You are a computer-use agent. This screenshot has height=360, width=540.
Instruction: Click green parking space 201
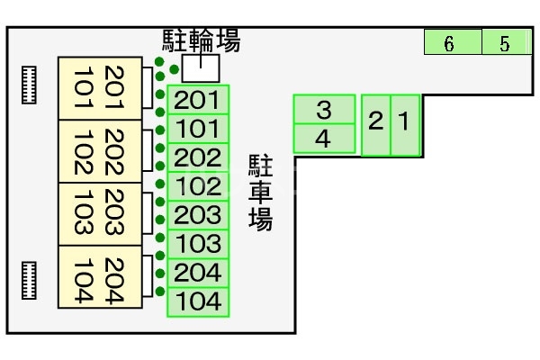point(199,100)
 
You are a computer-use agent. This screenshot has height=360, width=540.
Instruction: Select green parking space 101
point(199,129)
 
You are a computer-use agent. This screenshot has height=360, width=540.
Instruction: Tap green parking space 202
point(199,157)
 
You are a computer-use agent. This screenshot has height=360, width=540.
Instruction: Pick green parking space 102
point(199,186)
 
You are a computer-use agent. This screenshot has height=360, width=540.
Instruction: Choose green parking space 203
point(199,215)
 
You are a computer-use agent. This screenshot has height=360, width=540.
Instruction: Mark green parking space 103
point(199,244)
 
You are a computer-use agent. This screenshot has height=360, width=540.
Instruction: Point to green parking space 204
point(199,273)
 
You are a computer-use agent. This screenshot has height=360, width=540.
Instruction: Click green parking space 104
point(199,301)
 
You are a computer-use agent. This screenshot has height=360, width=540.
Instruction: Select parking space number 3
point(324,110)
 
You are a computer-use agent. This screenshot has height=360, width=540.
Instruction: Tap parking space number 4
point(324,139)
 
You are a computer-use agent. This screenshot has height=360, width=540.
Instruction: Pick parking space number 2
point(376,124)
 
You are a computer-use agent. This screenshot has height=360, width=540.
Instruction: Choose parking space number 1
point(405,124)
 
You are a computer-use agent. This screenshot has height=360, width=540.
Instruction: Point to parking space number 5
point(505,42)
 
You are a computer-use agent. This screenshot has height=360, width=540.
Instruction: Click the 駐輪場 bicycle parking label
point(202,40)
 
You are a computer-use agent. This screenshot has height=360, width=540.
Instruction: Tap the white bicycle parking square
point(201,67)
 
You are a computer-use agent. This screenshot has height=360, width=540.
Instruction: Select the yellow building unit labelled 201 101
point(99,88)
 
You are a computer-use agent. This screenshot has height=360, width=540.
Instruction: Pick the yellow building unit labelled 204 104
point(99,278)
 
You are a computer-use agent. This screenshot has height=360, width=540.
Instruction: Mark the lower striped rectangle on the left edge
point(30,280)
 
